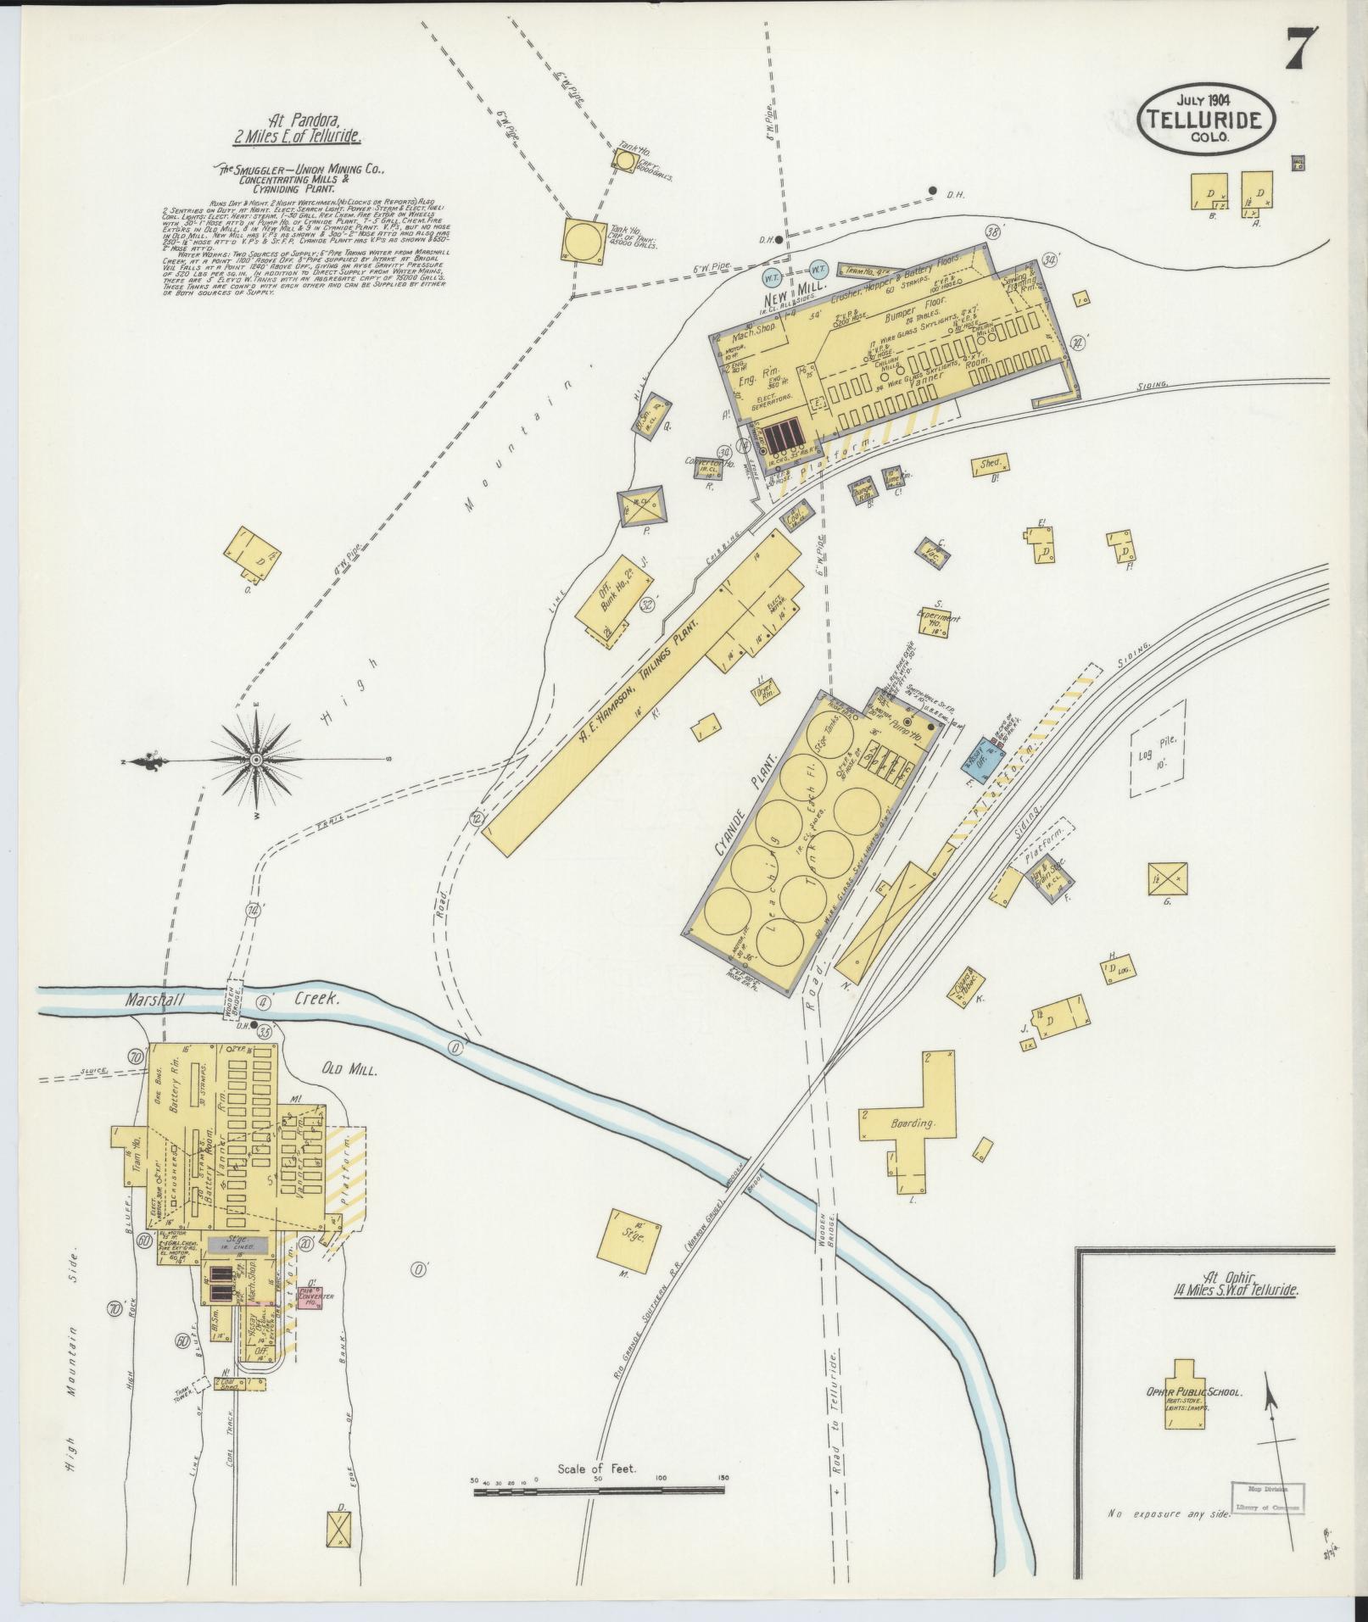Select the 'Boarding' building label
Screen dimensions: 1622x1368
pyautogui.click(x=912, y=1123)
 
